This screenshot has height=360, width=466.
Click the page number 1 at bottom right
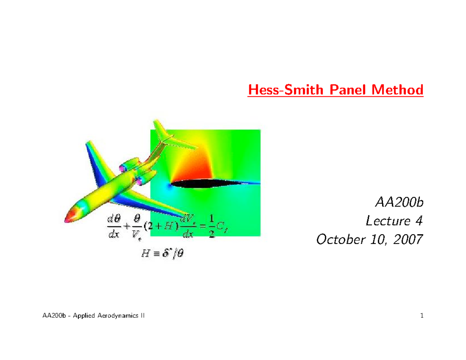(x=421, y=317)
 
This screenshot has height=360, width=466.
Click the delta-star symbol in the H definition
(x=162, y=255)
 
